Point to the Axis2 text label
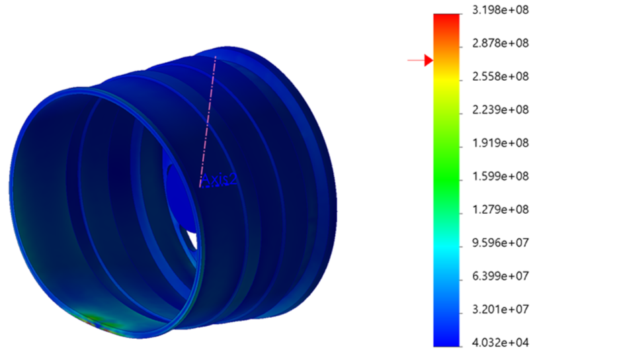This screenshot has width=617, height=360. pyautogui.click(x=219, y=179)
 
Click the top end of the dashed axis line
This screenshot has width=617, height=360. pyautogui.click(x=216, y=58)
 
